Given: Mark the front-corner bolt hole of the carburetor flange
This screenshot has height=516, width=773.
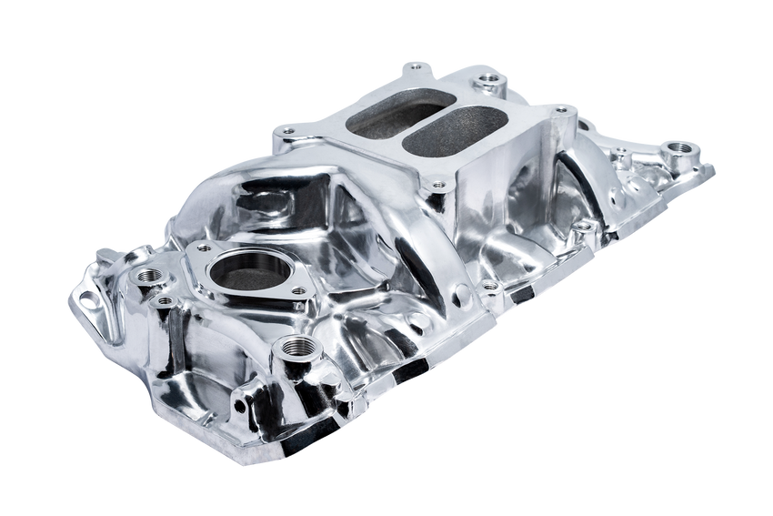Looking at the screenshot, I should [x=439, y=186].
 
